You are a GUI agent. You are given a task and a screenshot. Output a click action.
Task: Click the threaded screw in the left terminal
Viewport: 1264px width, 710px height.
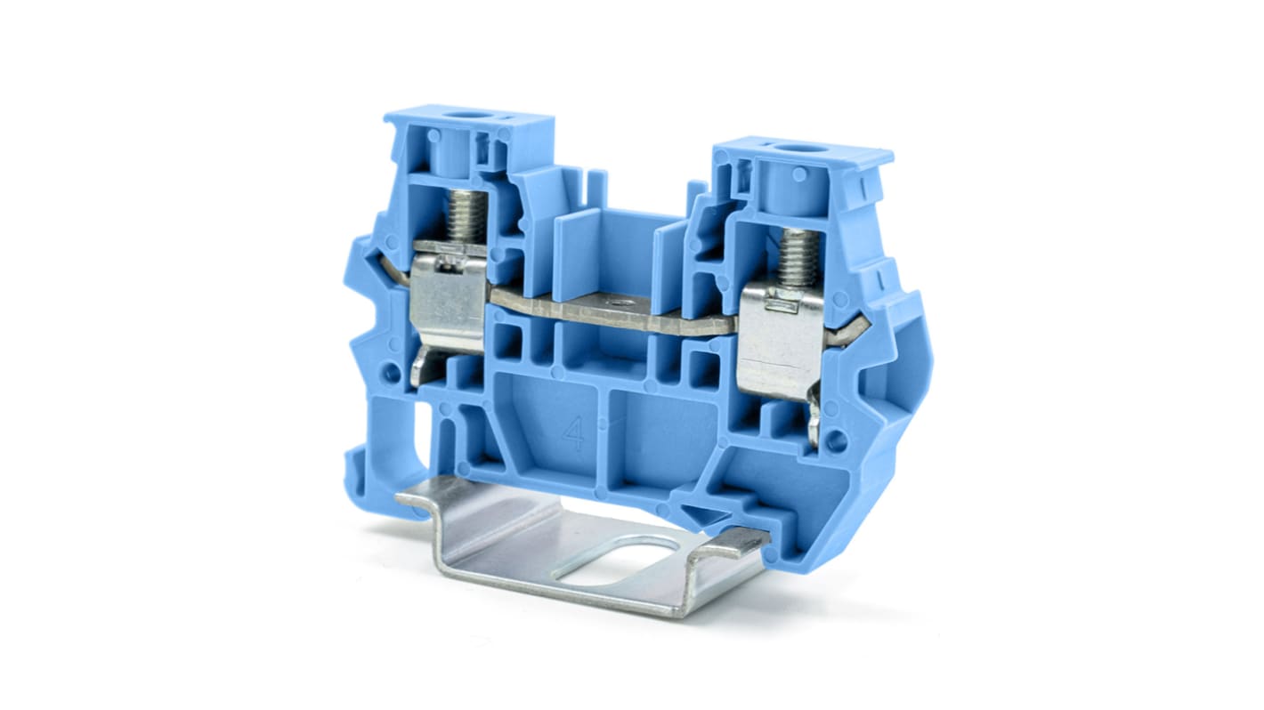[x=466, y=215]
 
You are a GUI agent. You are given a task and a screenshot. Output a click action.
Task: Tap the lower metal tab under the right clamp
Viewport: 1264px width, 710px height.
[x=813, y=418]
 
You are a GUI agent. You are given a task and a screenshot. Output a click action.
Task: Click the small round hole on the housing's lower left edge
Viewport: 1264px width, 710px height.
[x=393, y=371]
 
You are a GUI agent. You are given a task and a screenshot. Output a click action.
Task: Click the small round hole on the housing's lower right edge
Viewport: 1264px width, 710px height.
[x=835, y=439]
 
